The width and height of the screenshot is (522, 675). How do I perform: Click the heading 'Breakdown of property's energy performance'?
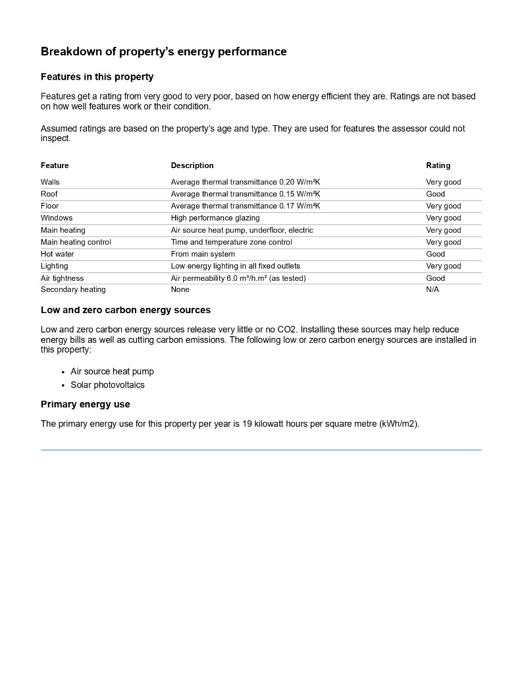click(x=163, y=51)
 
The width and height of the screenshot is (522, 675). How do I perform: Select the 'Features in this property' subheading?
click(x=97, y=77)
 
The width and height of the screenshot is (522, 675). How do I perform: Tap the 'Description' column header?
click(x=192, y=165)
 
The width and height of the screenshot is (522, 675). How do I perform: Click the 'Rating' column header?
click(x=438, y=165)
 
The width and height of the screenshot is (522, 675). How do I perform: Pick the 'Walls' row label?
click(x=50, y=182)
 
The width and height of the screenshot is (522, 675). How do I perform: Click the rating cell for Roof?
click(x=435, y=194)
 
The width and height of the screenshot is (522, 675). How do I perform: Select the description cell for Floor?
click(x=245, y=206)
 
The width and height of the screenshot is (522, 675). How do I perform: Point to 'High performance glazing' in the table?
click(x=215, y=218)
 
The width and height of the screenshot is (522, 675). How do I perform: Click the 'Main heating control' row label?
click(x=76, y=242)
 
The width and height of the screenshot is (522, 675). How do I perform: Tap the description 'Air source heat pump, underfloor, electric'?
click(x=242, y=230)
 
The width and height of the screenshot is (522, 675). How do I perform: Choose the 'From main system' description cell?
click(x=203, y=254)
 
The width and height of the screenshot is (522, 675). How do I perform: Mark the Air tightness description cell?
click(x=238, y=278)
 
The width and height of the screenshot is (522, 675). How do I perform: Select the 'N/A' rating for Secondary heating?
click(x=432, y=289)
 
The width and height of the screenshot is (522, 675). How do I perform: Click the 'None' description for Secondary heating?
click(x=180, y=289)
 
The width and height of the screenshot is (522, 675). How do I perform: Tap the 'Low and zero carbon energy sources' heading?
click(x=126, y=310)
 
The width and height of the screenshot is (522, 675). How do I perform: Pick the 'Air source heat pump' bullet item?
click(x=112, y=371)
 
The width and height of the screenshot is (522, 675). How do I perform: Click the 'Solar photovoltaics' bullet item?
click(x=107, y=385)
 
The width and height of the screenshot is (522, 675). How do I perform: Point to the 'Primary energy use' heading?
click(x=86, y=404)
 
